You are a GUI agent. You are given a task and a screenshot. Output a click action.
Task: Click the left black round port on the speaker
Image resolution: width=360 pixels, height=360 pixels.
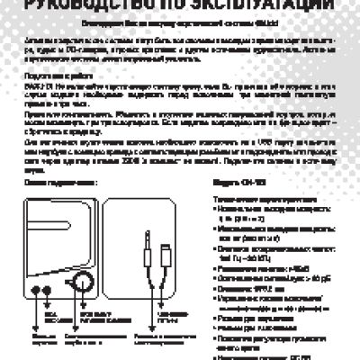(x=35, y=290)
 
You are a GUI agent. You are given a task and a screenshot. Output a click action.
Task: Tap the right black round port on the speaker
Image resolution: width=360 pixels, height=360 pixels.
(x=50, y=290)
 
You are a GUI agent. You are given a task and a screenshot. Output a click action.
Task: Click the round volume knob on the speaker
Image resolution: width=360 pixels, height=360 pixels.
(x=83, y=283)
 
